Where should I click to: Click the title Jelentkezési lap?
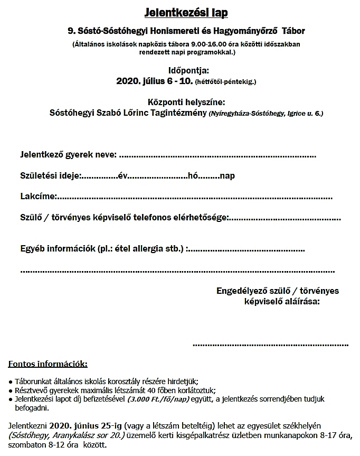tap(179, 11)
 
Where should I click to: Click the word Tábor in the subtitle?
tap(291, 32)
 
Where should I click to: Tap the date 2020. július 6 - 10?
tap(154, 81)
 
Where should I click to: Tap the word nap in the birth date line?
tap(228, 176)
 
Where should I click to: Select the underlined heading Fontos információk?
tap(48, 364)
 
